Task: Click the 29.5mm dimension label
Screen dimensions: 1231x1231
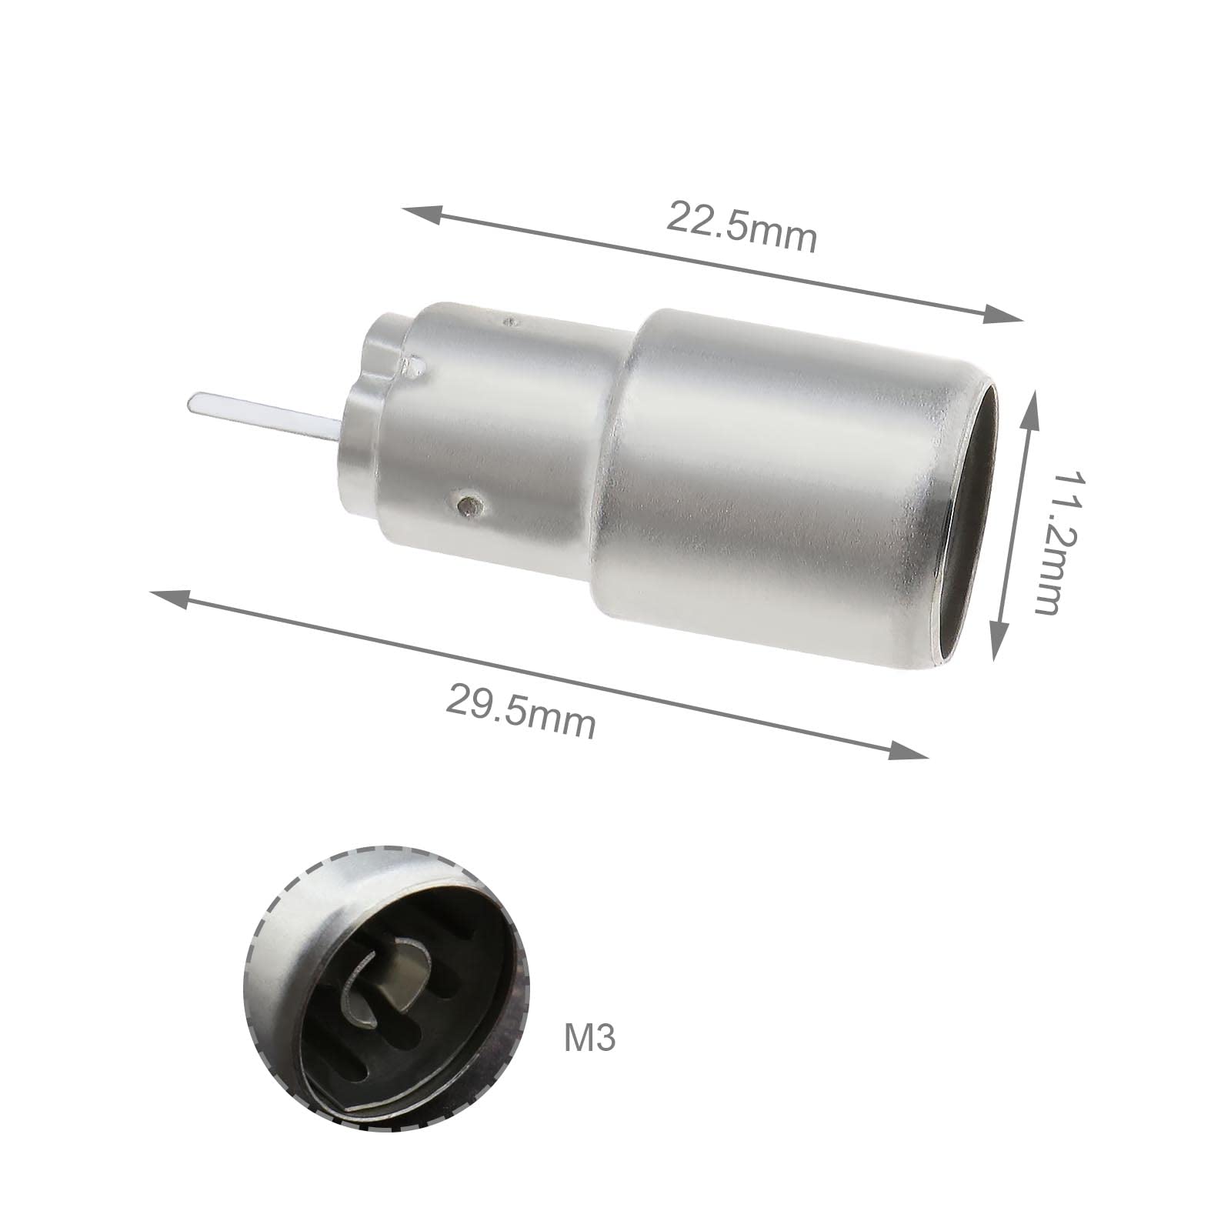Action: [x=521, y=712]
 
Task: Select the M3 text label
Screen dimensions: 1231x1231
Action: [x=590, y=1038]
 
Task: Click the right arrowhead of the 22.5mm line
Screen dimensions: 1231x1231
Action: [x=1003, y=315]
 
